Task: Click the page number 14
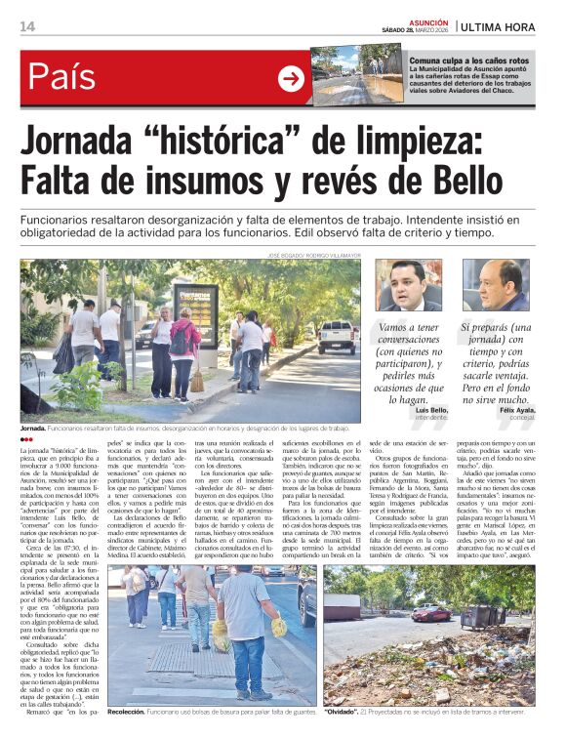coord(27,26)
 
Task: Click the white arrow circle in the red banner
coord(291,78)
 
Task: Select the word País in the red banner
coord(62,76)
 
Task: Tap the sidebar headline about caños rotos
coord(469,61)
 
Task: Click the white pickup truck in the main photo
coord(338,335)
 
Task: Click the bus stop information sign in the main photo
coord(195,312)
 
